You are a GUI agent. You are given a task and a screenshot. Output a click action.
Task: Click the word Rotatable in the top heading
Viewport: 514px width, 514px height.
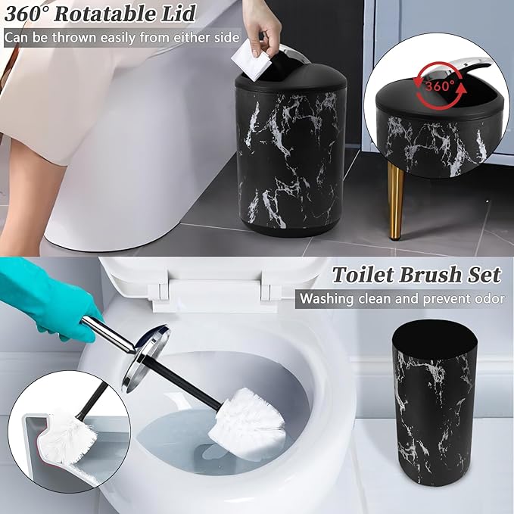[x=110, y=14]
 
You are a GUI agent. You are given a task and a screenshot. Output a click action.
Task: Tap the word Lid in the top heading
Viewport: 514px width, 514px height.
[x=179, y=14]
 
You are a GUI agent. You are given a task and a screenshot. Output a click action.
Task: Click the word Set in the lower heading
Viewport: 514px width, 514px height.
[x=484, y=273]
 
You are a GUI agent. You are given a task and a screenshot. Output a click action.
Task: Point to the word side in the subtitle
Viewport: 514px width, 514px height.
[x=226, y=37]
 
